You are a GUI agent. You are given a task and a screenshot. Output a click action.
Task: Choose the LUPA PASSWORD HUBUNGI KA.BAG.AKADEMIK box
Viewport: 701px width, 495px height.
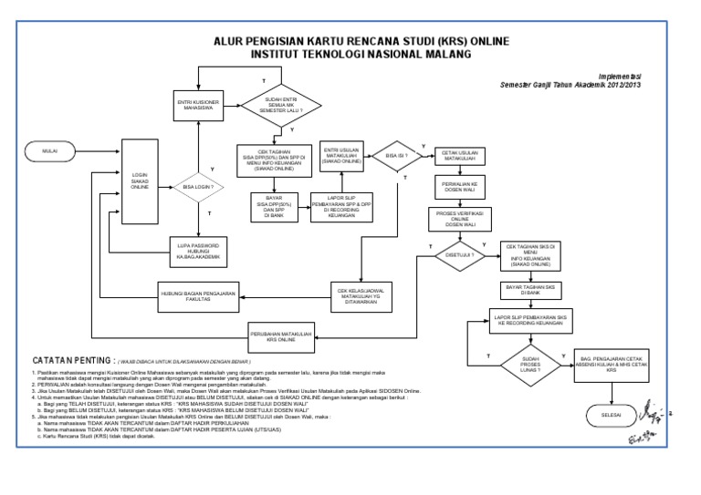pyautogui.click(x=199, y=248)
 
